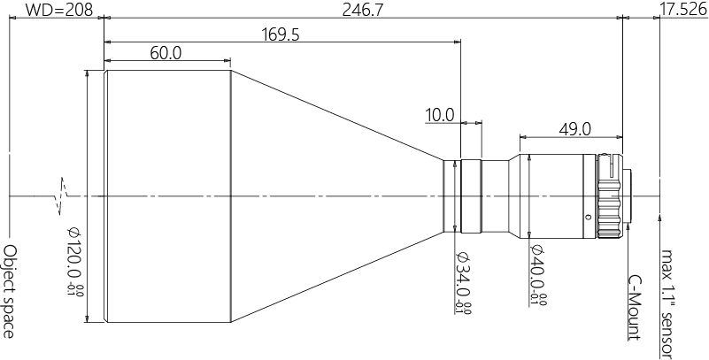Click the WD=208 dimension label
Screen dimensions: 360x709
[x=55, y=10]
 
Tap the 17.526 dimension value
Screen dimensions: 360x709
[x=683, y=10]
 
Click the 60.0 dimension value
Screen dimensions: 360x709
[x=166, y=53]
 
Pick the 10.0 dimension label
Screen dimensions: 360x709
[x=440, y=114]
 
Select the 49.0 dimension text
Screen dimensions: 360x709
[x=574, y=129]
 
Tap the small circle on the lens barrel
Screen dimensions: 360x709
[x=587, y=217]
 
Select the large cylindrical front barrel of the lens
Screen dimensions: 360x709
[x=168, y=195]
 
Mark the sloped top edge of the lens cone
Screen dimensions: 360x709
[x=336, y=116]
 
